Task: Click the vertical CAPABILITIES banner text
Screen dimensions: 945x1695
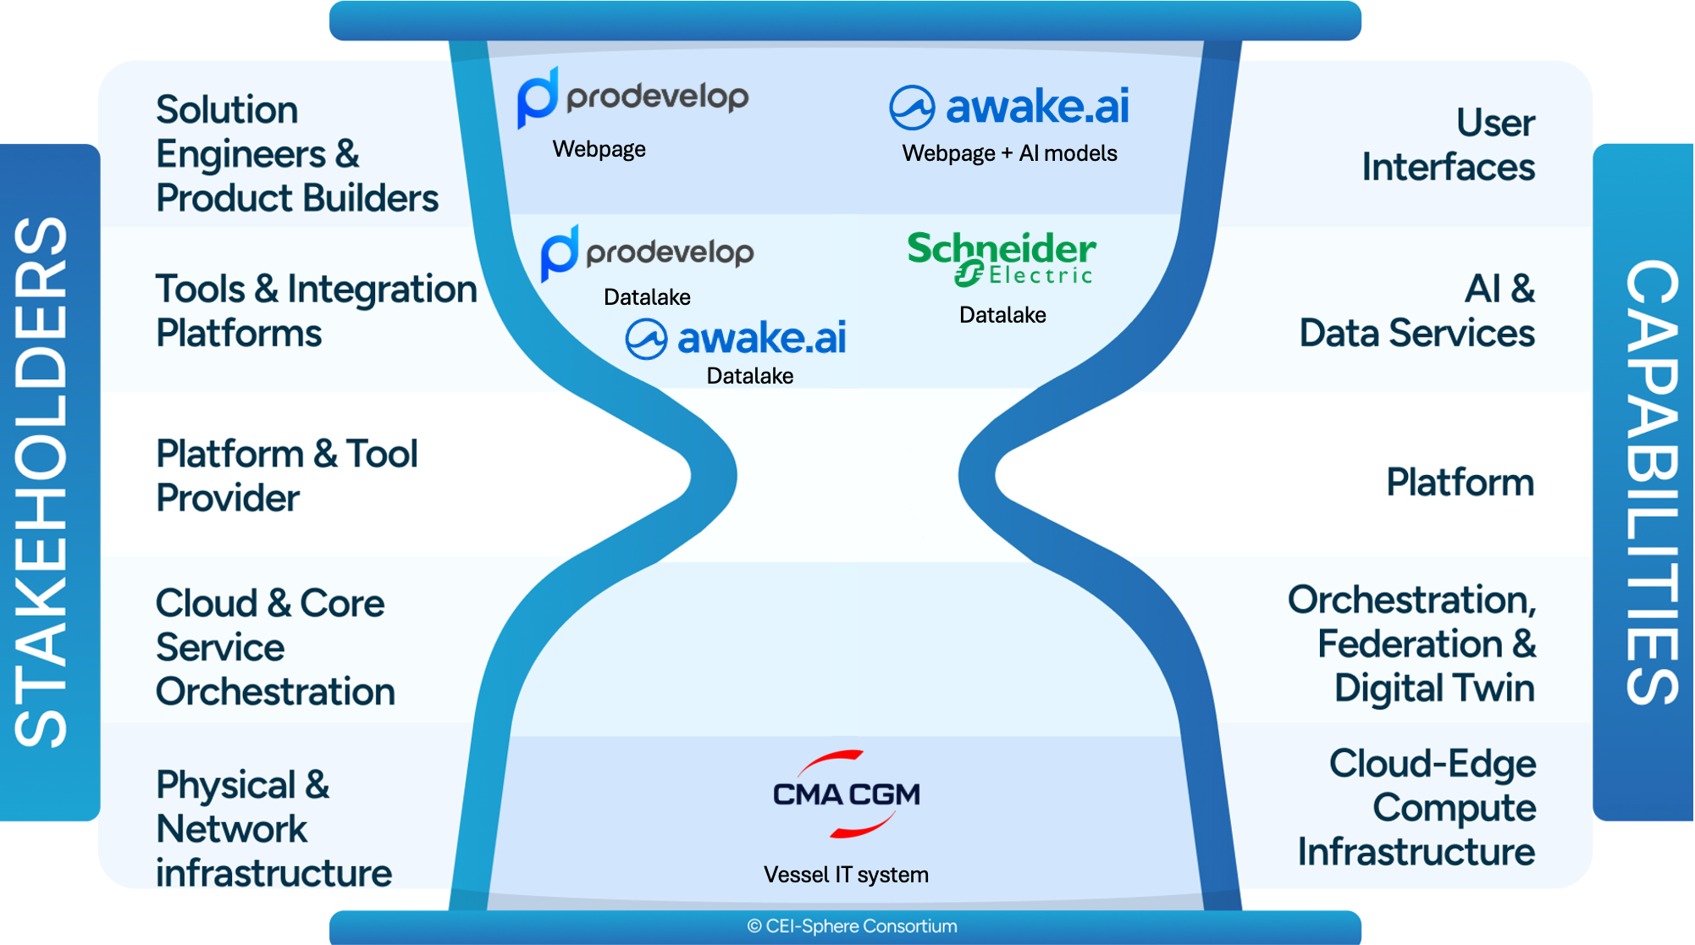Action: coord(1651,482)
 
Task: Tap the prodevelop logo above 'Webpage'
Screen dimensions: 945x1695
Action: coord(632,97)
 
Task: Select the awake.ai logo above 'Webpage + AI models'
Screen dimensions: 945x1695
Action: coord(1008,107)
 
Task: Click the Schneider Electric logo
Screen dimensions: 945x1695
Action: coord(1002,258)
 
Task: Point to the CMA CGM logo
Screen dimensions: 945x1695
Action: coord(846,794)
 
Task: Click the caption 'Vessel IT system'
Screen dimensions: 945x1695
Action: coord(846,875)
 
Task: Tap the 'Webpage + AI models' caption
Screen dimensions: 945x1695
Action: coord(1009,153)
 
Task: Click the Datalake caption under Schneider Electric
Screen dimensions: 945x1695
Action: coord(1002,315)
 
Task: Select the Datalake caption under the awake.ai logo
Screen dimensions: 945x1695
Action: coord(749,376)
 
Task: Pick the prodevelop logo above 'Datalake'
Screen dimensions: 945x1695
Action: coord(648,252)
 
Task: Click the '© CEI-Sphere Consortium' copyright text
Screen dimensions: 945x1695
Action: coord(852,926)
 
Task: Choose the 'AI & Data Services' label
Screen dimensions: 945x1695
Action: coord(1416,311)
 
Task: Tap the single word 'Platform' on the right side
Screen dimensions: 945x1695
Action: coord(1460,483)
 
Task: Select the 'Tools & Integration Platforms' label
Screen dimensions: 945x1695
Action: coord(315,311)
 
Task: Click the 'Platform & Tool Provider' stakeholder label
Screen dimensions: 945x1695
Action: coord(286,476)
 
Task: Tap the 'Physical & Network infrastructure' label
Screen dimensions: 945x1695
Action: coord(273,829)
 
